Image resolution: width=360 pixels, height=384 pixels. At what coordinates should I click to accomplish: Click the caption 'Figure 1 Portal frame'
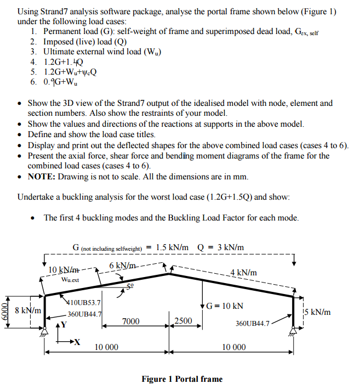click(182, 379)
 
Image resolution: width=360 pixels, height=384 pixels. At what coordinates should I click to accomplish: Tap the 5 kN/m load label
click(318, 312)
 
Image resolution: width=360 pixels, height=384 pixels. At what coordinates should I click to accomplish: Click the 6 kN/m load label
click(122, 266)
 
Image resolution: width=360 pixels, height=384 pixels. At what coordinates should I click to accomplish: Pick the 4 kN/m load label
click(243, 273)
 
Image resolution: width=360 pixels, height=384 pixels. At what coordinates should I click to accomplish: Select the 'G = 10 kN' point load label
click(225, 305)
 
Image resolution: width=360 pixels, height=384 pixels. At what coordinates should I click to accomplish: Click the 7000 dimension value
click(130, 321)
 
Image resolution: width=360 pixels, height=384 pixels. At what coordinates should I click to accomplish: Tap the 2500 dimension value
click(183, 321)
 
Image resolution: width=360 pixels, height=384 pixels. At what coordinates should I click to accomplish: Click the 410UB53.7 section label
click(83, 302)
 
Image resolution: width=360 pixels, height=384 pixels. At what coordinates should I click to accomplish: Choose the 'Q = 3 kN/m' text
click(219, 247)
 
